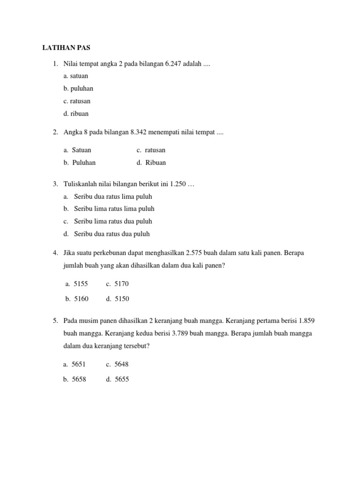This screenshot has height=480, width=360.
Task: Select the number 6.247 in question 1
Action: point(174,64)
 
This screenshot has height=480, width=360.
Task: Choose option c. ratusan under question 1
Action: point(77,101)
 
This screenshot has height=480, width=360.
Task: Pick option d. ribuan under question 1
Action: point(76,113)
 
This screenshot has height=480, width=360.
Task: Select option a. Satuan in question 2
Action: point(77,150)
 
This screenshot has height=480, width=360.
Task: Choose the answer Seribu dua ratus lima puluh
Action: point(113,196)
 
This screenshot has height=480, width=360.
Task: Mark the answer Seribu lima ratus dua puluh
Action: point(113,221)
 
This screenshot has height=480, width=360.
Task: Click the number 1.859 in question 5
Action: point(306,321)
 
